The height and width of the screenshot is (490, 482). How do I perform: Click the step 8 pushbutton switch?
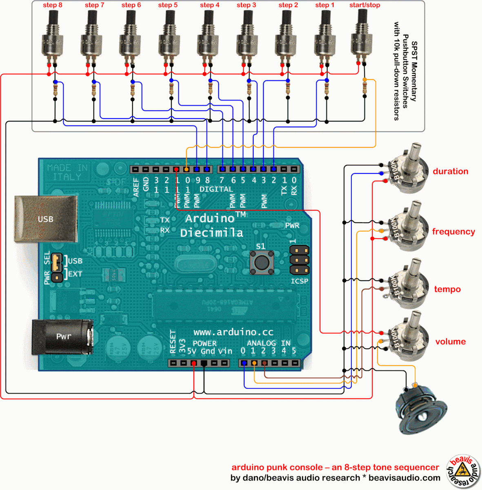coord(52,37)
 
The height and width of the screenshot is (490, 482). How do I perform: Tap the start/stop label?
coord(364,5)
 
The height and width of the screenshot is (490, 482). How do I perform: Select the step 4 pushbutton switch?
coord(208,37)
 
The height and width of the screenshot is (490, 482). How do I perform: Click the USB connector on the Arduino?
coord(45,219)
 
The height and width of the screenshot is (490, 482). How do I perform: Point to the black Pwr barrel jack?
coord(63,336)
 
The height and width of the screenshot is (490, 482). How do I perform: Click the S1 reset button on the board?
coord(261,262)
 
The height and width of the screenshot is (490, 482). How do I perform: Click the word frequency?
coord(453,232)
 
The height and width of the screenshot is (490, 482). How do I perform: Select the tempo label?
coord(447,290)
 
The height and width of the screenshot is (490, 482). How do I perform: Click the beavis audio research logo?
coord(463,471)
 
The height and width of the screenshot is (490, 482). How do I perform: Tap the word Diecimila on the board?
coord(211,233)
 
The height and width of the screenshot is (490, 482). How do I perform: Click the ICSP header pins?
coord(299,260)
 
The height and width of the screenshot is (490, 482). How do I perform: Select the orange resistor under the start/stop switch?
coord(364,87)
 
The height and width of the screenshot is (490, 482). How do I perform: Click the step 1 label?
coord(324,5)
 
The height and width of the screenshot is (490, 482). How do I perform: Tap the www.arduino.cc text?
coord(233,332)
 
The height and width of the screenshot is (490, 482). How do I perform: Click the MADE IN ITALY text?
coord(67,172)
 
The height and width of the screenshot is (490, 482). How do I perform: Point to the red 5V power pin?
coord(193,363)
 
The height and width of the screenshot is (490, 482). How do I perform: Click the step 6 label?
coord(131,5)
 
